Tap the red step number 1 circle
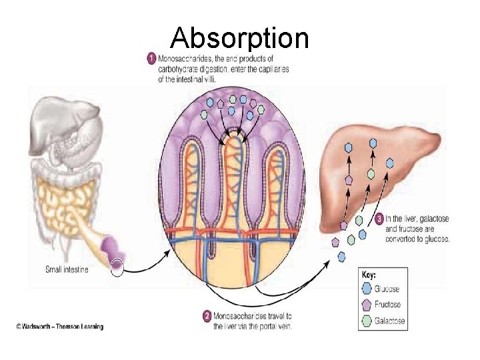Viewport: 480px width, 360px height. click(x=151, y=59)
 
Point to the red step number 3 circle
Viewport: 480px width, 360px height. click(x=379, y=218)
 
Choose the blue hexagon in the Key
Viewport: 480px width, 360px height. click(x=366, y=289)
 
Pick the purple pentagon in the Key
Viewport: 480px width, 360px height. click(x=366, y=305)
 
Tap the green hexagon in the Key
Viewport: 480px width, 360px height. click(x=366, y=321)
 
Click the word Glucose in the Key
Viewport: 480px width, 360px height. click(x=387, y=289)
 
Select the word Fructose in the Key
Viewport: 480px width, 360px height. click(x=388, y=305)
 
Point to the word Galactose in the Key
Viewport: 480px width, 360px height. click(x=389, y=321)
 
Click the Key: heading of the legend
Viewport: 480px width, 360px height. click(x=368, y=274)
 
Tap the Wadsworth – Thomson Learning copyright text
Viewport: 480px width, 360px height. click(x=60, y=327)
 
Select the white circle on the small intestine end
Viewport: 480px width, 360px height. click(x=118, y=268)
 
